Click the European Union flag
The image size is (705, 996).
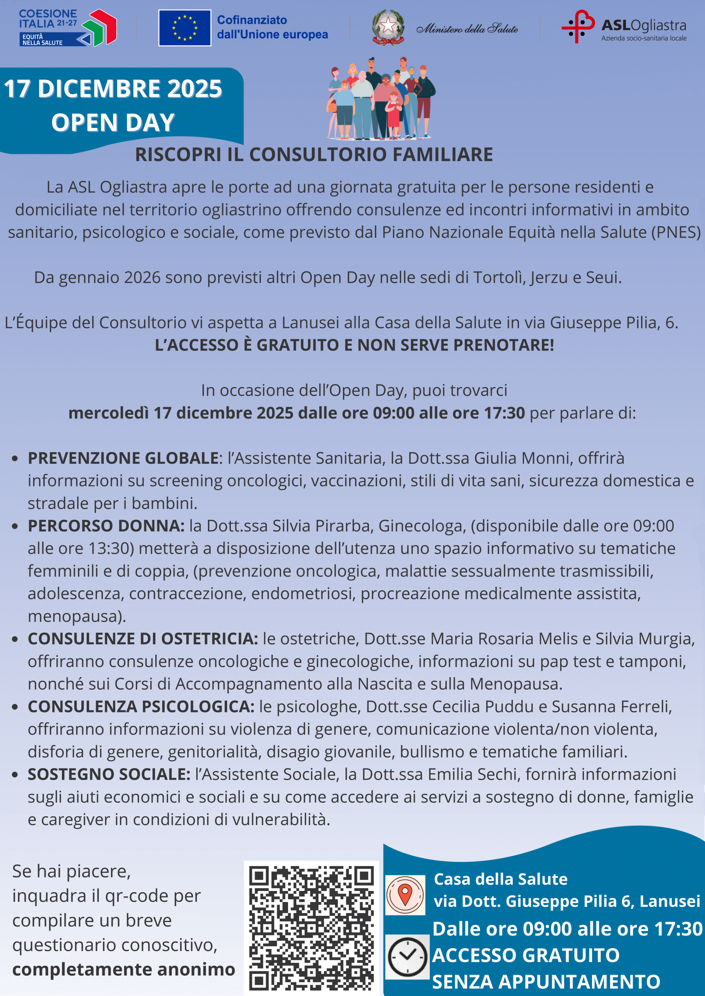[185, 28]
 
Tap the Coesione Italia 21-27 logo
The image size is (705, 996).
[67, 28]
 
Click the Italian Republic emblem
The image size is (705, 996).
[388, 27]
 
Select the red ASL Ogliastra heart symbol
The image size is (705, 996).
[578, 26]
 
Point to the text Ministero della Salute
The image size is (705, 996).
[467, 29]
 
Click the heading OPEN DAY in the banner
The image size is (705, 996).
[113, 122]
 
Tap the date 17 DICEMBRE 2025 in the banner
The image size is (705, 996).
[113, 89]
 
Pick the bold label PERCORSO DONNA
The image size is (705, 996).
[106, 526]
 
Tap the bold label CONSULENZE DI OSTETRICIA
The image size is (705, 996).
[143, 638]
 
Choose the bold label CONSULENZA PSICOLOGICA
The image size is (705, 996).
[141, 706]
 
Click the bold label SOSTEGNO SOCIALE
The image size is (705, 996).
[109, 774]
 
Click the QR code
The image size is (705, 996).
[311, 927]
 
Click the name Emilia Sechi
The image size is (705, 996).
[474, 774]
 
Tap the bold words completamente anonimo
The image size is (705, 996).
[124, 969]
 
